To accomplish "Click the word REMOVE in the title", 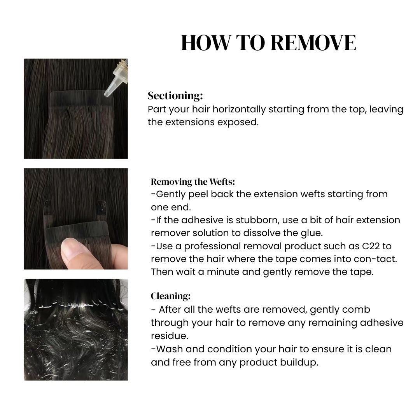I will coord(313,43).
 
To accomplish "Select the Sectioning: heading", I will coord(175,96).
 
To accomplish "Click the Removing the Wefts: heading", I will coord(193,182).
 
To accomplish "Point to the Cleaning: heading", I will coord(171,296).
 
